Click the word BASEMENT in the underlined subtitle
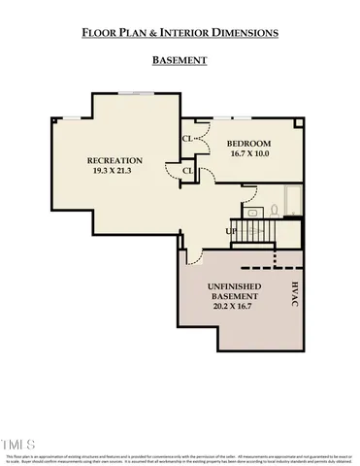coord(180,60)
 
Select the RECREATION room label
coord(115,160)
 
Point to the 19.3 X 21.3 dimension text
coord(115,171)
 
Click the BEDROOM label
coord(250,143)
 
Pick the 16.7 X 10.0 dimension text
coord(250,153)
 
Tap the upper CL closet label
coord(187,138)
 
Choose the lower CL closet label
coord(187,172)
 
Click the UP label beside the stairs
coord(231,232)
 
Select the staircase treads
coord(258,231)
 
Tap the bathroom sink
coord(252,211)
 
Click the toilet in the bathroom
coord(275,208)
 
